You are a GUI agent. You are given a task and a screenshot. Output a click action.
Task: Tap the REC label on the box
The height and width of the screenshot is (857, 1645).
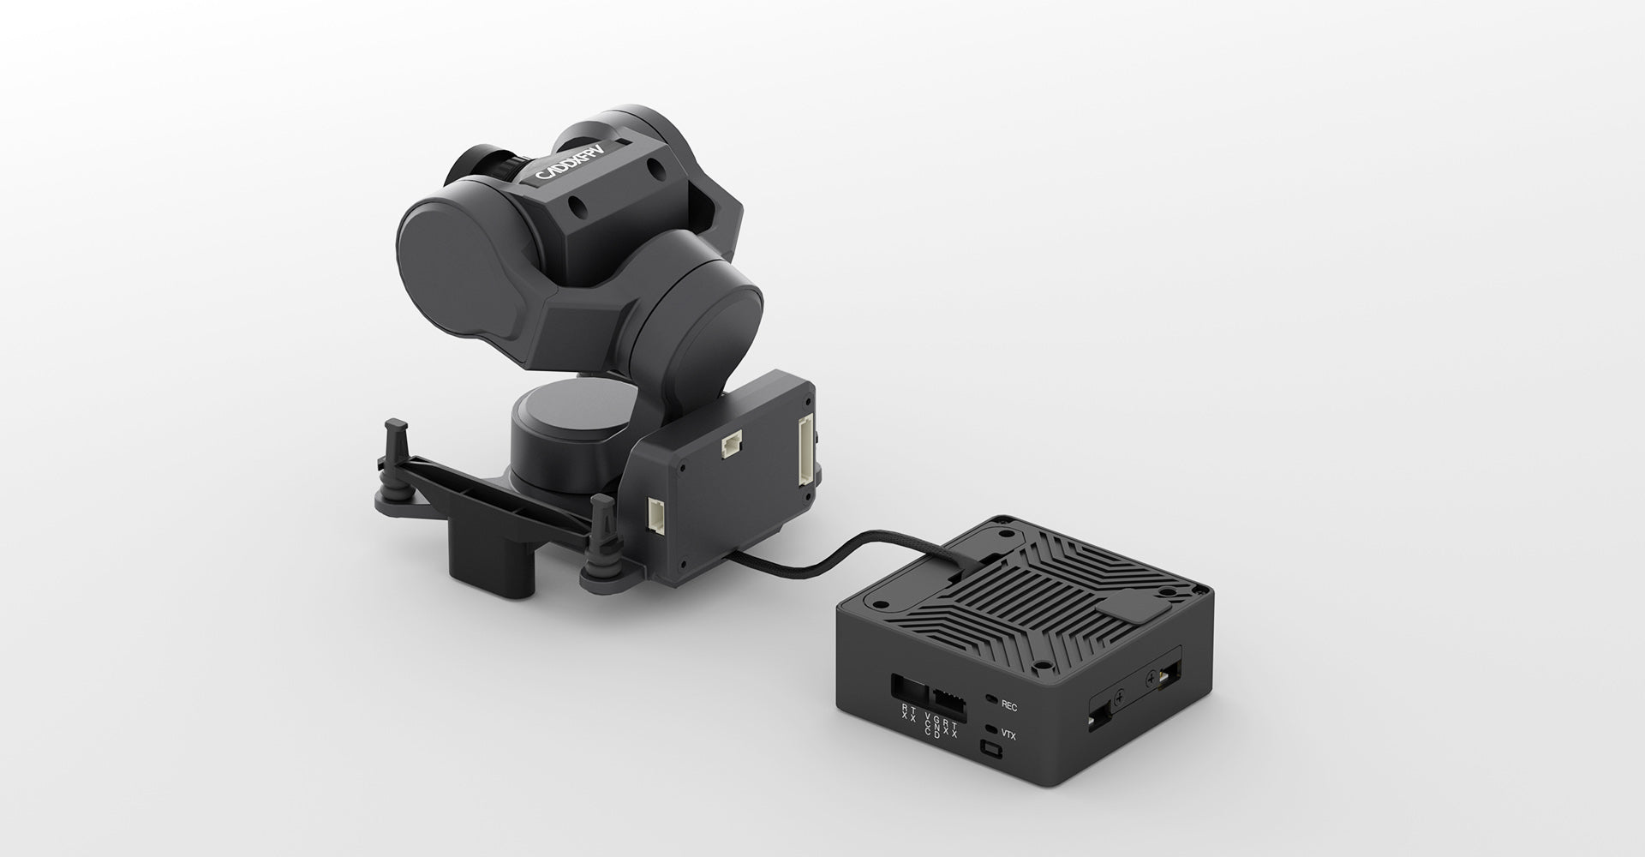point(1009,706)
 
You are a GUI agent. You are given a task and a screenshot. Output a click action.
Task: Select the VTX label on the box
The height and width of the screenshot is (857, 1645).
point(1009,734)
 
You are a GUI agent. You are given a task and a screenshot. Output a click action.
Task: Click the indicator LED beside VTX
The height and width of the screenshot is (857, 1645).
point(991,729)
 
